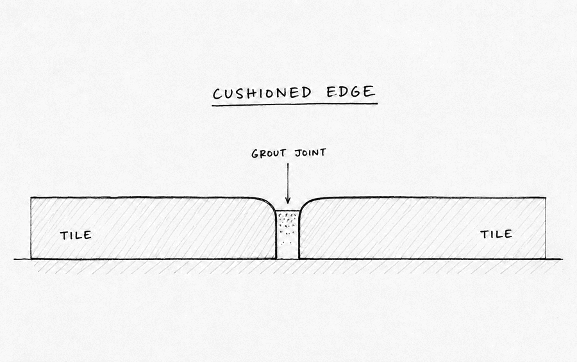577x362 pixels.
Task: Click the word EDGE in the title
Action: click(351, 92)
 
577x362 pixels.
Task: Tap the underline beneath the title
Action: click(294, 105)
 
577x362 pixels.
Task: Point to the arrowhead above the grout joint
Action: click(288, 200)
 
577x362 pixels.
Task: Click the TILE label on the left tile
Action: click(76, 235)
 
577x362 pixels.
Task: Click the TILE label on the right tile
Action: click(496, 234)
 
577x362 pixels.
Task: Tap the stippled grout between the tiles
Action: click(288, 234)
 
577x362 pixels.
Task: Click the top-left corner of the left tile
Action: click(31, 198)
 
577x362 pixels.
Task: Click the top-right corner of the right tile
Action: click(546, 198)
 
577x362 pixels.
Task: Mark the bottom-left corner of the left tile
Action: click(31, 259)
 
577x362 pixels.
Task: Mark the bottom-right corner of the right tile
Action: click(546, 259)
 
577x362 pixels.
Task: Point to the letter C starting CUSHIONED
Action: click(217, 95)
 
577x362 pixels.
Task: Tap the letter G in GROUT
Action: click(255, 154)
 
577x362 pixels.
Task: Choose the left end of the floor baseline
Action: click(14, 259)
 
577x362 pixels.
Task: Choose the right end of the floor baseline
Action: click(562, 259)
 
